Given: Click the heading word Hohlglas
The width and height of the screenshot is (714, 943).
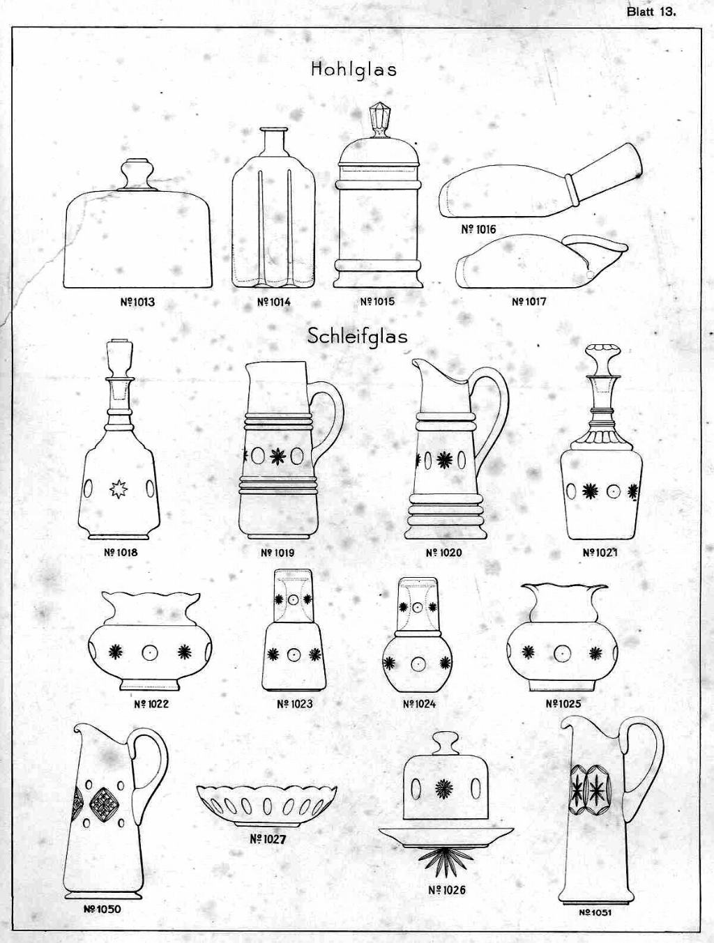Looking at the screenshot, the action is pos(354,69).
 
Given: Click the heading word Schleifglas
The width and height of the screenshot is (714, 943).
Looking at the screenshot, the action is pos(357,337).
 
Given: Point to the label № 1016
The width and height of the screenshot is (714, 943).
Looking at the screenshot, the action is pos(478,229).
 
